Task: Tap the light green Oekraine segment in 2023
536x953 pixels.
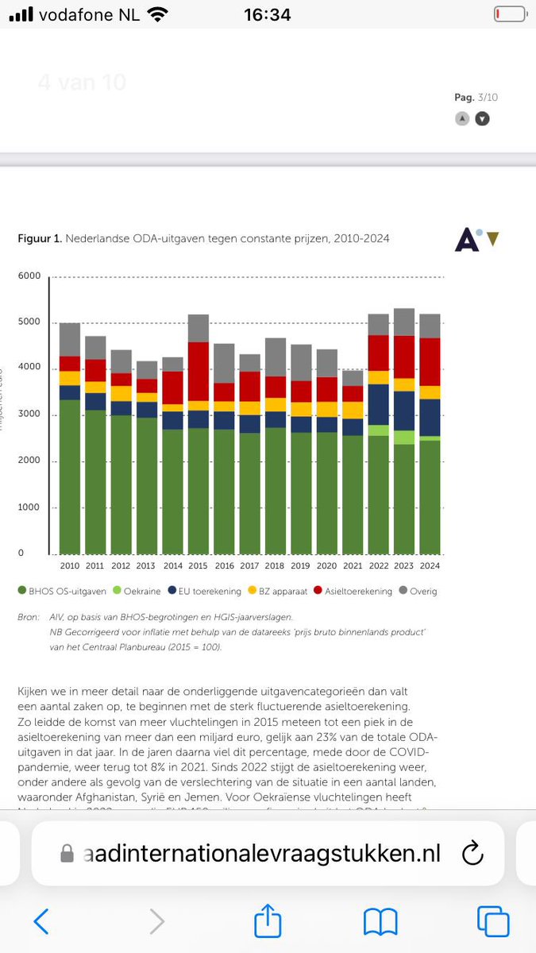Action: [x=404, y=438]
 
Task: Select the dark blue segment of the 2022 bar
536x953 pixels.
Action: [x=379, y=405]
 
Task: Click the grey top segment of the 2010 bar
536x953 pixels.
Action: [x=70, y=340]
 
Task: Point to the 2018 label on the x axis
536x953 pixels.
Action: [x=276, y=565]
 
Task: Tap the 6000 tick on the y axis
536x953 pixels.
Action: [x=29, y=276]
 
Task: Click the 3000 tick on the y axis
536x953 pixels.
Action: [x=29, y=415]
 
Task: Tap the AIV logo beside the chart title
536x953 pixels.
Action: [x=476, y=239]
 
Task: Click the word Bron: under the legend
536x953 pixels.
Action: [x=28, y=617]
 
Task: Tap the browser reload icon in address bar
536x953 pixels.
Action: [x=472, y=854]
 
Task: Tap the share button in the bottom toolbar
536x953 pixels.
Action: [x=268, y=920]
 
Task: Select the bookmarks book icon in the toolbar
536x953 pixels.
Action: [x=380, y=921]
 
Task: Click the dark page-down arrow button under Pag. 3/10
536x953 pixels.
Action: [x=482, y=118]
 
